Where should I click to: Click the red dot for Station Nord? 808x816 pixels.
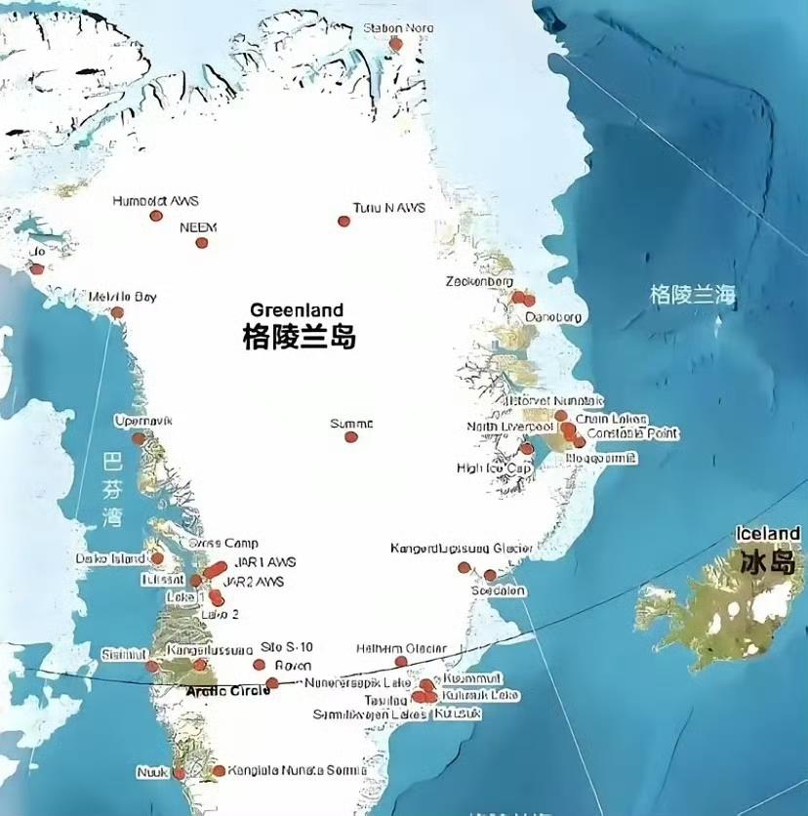coord(395,44)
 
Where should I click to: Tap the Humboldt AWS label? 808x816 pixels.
coord(155,201)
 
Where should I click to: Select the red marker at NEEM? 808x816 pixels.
coord(202,244)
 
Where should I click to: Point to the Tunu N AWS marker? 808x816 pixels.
coord(343,222)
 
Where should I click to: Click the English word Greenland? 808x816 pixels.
coord(297,310)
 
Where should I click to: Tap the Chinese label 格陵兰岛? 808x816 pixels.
coord(300,338)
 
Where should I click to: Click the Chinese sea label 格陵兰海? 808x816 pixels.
coord(694,294)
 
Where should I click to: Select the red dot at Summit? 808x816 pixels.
coord(351,437)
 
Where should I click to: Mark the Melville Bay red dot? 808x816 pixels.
coord(117,313)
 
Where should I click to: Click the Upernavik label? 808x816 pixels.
coord(142,421)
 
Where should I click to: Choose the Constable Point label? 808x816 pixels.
coord(633,433)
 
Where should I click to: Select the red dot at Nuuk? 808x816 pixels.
coord(179,773)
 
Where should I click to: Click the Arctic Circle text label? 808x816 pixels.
coord(222,691)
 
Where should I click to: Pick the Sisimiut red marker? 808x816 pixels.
coord(151,667)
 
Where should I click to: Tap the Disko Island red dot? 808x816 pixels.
coord(157,558)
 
